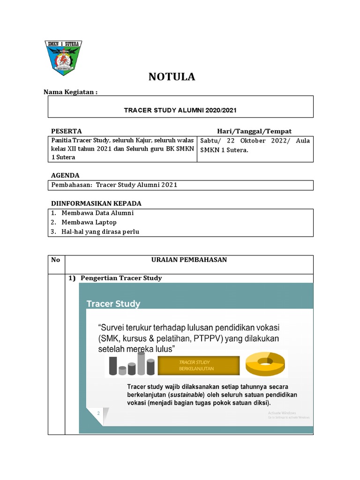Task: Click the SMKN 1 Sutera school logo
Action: pyautogui.click(x=63, y=57)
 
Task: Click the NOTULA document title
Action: pyautogui.click(x=172, y=77)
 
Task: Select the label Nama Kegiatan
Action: pyautogui.click(x=70, y=92)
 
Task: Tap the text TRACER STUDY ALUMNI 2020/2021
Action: pyautogui.click(x=180, y=111)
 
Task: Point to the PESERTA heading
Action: pyautogui.click(x=66, y=131)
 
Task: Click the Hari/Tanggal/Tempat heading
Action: pyautogui.click(x=254, y=131)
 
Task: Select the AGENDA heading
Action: pyautogui.click(x=65, y=175)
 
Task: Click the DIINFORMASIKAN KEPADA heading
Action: pyautogui.click(x=96, y=203)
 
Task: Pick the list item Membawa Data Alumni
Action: pyautogui.click(x=97, y=213)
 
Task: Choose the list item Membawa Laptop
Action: pyautogui.click(x=89, y=222)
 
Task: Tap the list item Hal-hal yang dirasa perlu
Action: pyautogui.click(x=100, y=232)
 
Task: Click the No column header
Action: pyautogui.click(x=56, y=260)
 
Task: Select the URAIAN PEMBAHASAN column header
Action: pyautogui.click(x=189, y=260)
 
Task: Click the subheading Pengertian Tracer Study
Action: pyautogui.click(x=121, y=278)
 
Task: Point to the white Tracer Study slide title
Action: pyautogui.click(x=113, y=304)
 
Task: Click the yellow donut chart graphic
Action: pyautogui.click(x=265, y=364)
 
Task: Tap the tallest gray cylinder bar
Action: pyautogui.click(x=141, y=363)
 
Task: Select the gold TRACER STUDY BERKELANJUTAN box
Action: pyautogui.click(x=198, y=365)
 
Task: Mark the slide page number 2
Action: pyautogui.click(x=98, y=413)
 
